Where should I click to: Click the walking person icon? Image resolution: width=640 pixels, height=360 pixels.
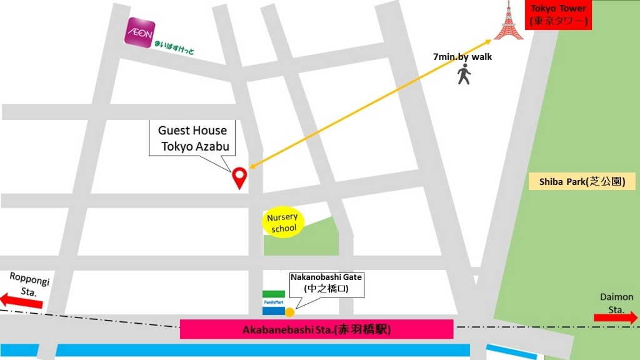(x=463, y=74)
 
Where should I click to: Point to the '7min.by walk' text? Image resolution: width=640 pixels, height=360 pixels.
(x=462, y=57)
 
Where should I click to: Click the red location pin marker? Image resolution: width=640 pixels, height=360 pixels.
(x=239, y=177)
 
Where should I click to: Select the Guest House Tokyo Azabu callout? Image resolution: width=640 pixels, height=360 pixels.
(x=192, y=138)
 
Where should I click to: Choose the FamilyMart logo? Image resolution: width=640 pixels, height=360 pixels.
(x=273, y=302)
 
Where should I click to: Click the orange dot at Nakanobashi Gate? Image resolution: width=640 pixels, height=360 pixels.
(x=290, y=311)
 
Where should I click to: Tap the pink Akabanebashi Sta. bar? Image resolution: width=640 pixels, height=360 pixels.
(x=316, y=329)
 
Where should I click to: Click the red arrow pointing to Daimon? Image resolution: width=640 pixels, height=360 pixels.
(x=616, y=317)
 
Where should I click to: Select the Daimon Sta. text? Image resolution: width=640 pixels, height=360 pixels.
(x=616, y=302)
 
